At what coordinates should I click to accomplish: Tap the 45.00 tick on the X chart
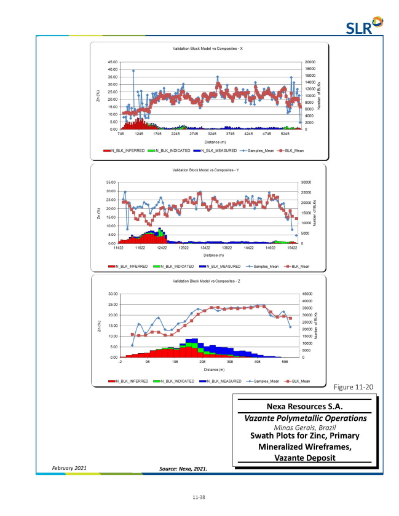click(x=113, y=62)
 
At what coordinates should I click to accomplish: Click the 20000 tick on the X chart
click(x=310, y=62)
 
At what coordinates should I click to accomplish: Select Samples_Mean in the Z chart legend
click(x=264, y=381)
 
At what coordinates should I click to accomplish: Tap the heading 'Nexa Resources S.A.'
click(x=304, y=407)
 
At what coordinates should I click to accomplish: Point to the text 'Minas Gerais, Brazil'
click(x=304, y=428)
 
